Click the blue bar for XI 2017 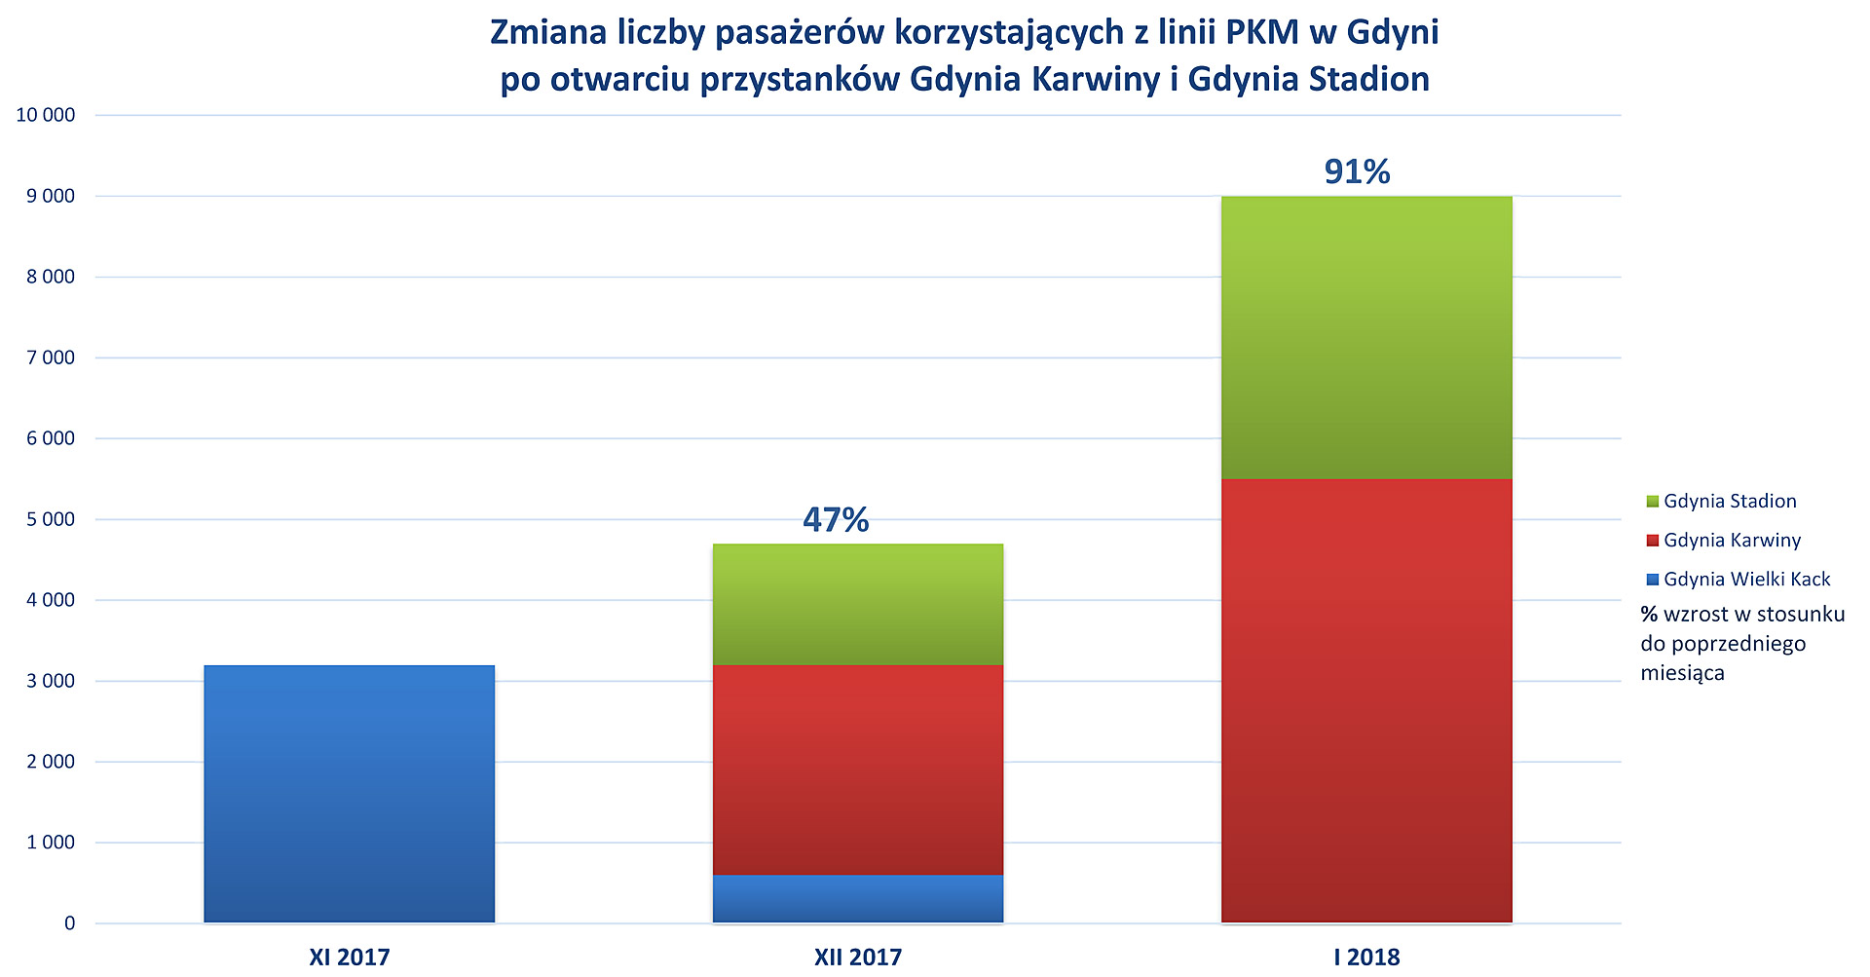349,793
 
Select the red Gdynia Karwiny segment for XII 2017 857,770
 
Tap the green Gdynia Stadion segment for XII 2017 857,604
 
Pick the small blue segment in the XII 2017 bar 857,898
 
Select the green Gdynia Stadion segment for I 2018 1365,337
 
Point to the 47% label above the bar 836,520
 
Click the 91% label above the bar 1357,172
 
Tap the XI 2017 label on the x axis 349,958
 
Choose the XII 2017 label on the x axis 857,958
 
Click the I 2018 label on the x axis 1366,958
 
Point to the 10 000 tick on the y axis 46,115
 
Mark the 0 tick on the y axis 69,923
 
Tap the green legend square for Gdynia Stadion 1652,502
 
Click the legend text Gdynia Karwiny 1732,541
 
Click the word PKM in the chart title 1262,33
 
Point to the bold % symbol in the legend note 1649,615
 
